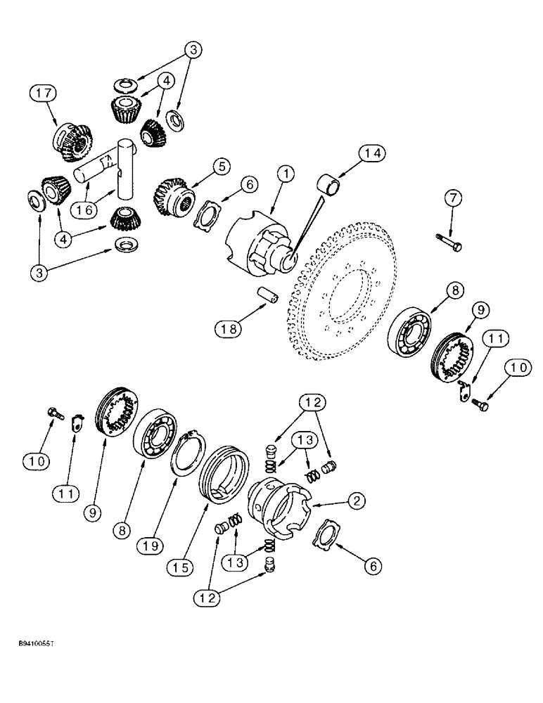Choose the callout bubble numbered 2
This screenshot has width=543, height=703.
(x=357, y=501)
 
